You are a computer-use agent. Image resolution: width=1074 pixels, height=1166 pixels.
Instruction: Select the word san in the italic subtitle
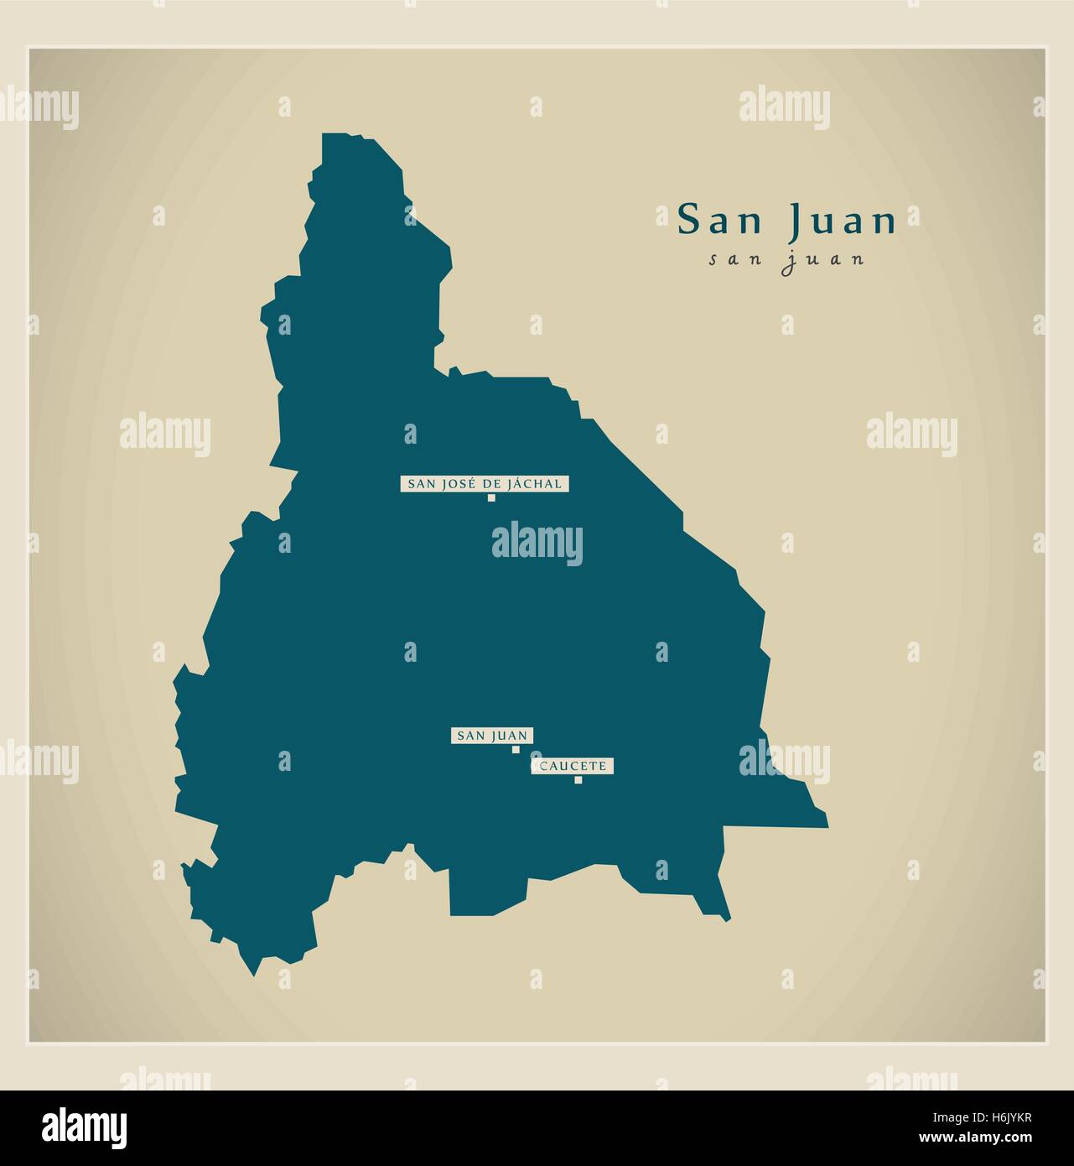pyautogui.click(x=734, y=259)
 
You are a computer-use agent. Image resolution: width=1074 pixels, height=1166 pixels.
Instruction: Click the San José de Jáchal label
pyautogui.click(x=485, y=483)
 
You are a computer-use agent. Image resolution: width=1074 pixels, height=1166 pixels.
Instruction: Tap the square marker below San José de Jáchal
pyautogui.click(x=491, y=498)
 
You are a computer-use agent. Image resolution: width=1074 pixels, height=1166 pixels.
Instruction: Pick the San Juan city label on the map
pyautogui.click(x=492, y=736)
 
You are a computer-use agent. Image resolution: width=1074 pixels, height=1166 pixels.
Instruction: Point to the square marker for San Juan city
pyautogui.click(x=516, y=750)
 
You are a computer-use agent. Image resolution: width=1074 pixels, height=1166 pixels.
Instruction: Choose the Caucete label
pyautogui.click(x=573, y=766)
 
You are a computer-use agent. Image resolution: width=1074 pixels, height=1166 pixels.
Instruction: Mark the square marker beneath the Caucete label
pyautogui.click(x=578, y=780)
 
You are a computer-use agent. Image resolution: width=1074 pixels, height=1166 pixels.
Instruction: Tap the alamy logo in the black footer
pyautogui.click(x=85, y=1127)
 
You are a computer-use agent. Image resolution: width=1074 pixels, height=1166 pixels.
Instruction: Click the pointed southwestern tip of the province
pyautogui.click(x=252, y=973)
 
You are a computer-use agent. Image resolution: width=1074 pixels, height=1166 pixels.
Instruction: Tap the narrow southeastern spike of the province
pyautogui.click(x=725, y=919)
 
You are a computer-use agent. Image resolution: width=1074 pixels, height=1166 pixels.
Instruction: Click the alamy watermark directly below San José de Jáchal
pyautogui.click(x=537, y=541)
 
